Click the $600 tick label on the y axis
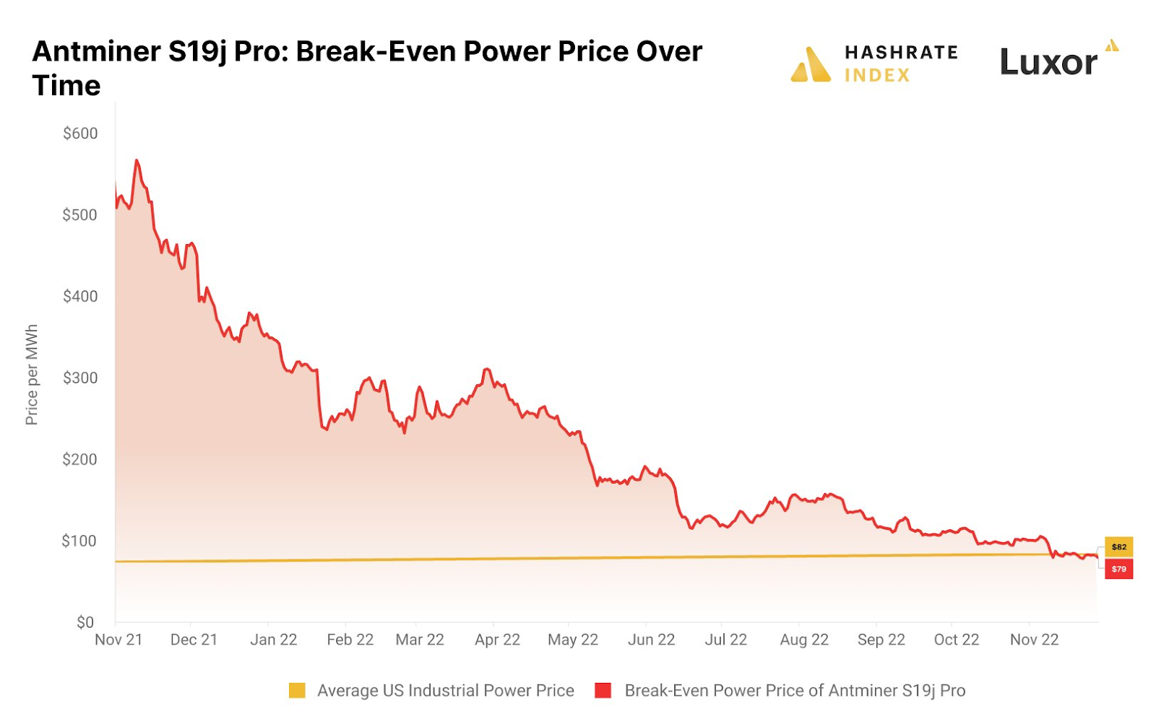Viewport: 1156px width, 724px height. click(80, 134)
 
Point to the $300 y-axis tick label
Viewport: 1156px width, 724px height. click(80, 378)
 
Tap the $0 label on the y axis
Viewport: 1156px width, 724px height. click(85, 622)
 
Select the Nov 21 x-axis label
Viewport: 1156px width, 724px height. click(118, 640)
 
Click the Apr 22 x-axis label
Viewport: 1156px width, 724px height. click(497, 640)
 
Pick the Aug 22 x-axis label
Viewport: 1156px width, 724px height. click(804, 640)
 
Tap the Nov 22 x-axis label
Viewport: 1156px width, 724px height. click(1034, 640)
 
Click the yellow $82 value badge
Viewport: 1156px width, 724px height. click(1119, 547)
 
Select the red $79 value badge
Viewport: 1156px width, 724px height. click(1119, 569)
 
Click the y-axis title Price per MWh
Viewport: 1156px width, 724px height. click(32, 375)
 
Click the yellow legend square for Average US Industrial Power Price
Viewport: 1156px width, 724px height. click(297, 691)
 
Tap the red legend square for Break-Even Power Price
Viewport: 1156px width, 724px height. click(603, 691)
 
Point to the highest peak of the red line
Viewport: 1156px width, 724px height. click(137, 160)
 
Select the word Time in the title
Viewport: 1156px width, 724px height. click(66, 86)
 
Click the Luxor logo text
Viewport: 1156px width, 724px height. click(1048, 62)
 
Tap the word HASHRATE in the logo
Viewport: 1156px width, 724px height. click(901, 53)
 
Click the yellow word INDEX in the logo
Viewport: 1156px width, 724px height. click(877, 76)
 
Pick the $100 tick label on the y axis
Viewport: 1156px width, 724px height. click(79, 541)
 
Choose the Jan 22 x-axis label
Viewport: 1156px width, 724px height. click(274, 640)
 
